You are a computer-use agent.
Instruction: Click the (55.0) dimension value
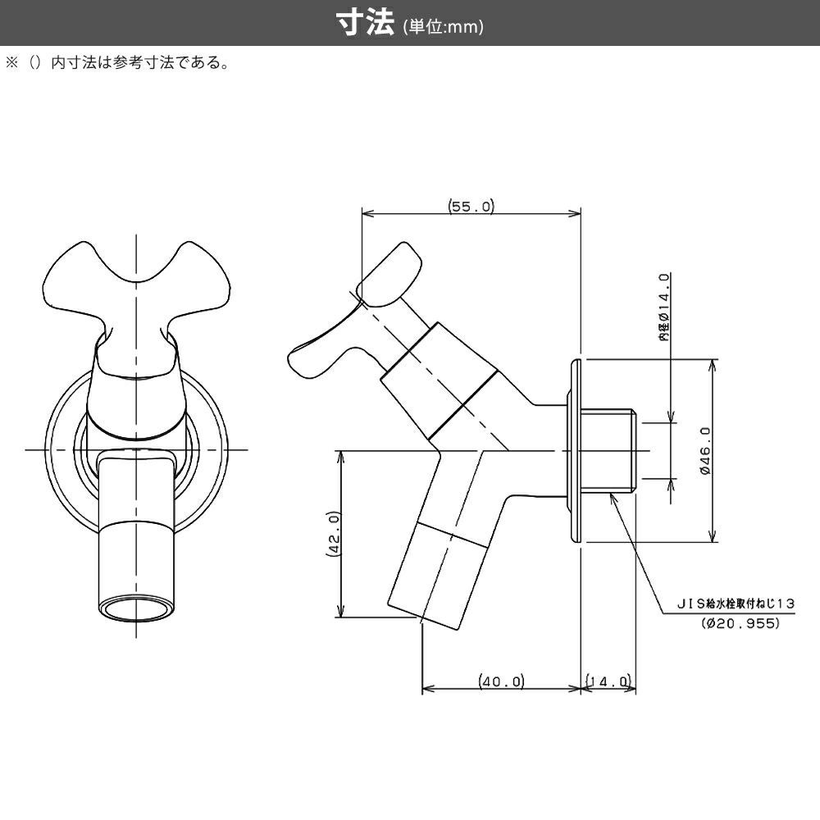[471, 207]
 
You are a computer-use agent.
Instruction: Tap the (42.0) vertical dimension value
[333, 534]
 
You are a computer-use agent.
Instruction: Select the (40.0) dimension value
[501, 681]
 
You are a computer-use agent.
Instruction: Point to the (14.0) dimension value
[608, 681]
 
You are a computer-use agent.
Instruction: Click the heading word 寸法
[367, 23]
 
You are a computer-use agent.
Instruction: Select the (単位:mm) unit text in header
[443, 26]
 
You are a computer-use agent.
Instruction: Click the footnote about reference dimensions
[123, 63]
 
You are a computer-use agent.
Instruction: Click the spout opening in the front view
[136, 611]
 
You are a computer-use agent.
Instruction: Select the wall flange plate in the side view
[576, 450]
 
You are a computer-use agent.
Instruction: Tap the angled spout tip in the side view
[426, 607]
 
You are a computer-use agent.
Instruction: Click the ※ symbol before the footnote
[11, 63]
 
